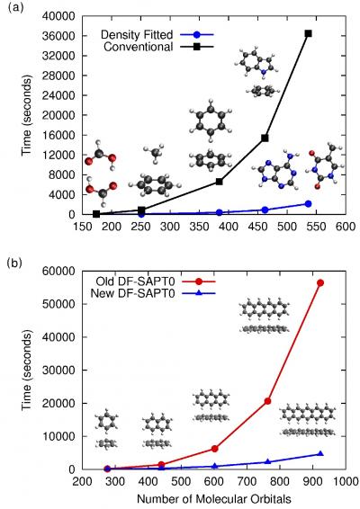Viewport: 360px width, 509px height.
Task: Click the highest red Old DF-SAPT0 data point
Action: pyautogui.click(x=320, y=282)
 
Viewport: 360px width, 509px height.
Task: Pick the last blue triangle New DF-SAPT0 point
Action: pyautogui.click(x=320, y=454)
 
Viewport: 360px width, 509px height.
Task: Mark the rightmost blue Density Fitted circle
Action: pyautogui.click(x=308, y=203)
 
